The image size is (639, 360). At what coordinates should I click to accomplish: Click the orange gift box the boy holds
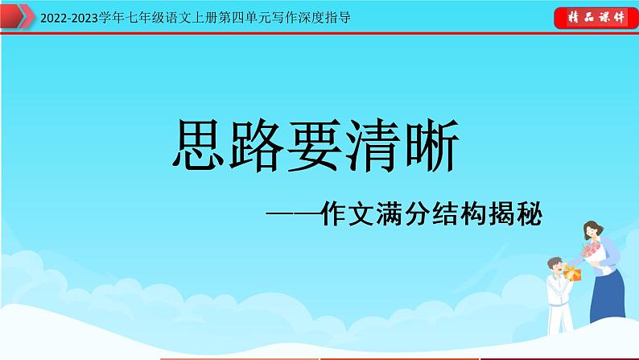tap(572, 274)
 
